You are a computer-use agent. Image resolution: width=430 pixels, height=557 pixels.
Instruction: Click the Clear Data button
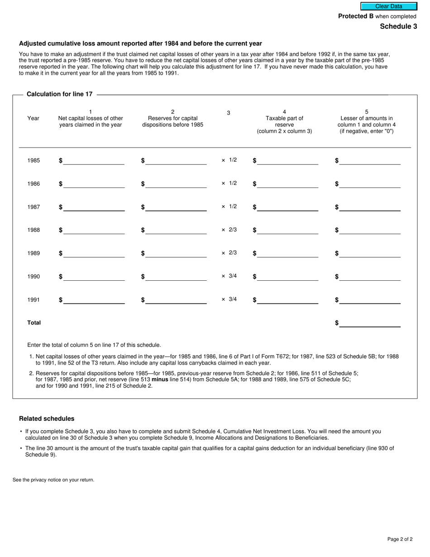point(388,6)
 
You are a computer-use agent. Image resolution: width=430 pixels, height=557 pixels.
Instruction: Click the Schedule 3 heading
point(398,26)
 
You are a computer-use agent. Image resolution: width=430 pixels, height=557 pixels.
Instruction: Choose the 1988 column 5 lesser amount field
point(370,230)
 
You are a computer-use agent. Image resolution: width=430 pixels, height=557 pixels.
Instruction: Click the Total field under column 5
point(370,323)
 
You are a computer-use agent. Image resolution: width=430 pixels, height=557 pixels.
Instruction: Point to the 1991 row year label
point(33,300)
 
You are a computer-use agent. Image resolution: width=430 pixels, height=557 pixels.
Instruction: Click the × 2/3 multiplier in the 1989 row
point(229,253)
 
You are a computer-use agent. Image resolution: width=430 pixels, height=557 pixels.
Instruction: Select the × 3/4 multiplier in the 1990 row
point(229,276)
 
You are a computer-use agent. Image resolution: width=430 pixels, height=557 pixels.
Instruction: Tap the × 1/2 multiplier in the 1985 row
point(229,160)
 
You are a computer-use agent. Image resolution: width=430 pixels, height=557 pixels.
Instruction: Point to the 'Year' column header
point(33,118)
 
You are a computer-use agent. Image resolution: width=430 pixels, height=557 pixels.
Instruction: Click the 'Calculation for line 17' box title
point(59,94)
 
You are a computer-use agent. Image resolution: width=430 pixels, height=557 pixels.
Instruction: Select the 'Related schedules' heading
point(47,418)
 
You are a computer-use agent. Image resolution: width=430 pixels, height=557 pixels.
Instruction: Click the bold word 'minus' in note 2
point(160,379)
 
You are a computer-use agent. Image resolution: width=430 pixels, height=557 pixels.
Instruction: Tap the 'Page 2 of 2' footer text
point(400,539)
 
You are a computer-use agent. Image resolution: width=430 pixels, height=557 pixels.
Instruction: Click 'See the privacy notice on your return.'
point(53,480)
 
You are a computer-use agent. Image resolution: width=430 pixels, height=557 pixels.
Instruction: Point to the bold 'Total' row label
point(34,323)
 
